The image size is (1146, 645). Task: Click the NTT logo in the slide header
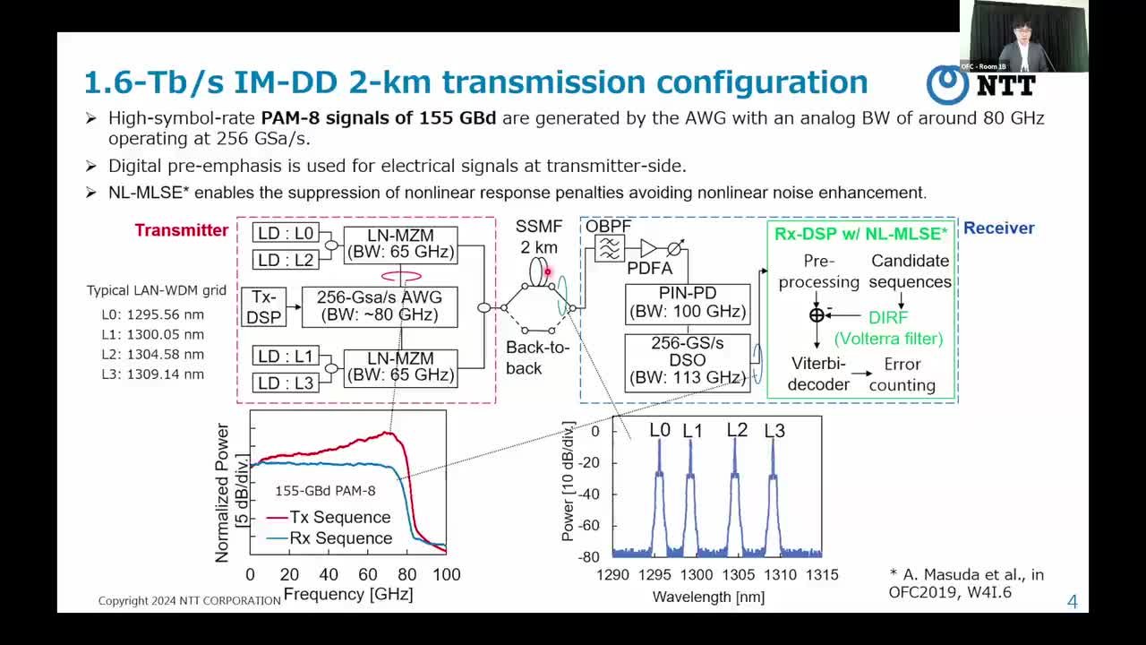click(980, 85)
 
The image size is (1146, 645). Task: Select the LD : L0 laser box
click(286, 233)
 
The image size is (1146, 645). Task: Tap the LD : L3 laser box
click(286, 383)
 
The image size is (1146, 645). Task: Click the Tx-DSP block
click(263, 307)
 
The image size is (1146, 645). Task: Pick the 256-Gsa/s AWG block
click(380, 307)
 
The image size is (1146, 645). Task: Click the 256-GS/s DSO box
click(688, 363)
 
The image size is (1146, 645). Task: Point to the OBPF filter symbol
click(610, 249)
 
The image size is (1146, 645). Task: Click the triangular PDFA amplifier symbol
click(648, 249)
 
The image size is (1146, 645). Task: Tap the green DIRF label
click(888, 317)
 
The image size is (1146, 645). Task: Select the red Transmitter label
click(182, 230)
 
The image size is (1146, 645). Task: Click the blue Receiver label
click(998, 228)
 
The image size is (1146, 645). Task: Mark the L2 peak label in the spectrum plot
click(737, 430)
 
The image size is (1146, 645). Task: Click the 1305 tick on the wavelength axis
click(738, 575)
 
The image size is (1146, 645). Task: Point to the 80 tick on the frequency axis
click(406, 575)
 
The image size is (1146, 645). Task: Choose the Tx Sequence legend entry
click(329, 517)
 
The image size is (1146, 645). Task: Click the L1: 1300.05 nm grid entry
click(152, 335)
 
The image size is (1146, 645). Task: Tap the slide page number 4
click(1073, 601)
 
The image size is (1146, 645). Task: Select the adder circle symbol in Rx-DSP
click(817, 315)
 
